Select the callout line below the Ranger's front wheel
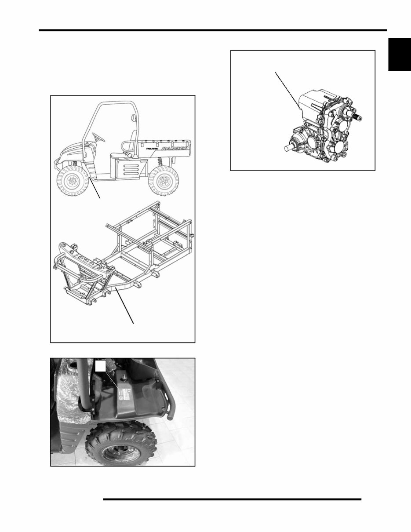coord(95,189)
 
